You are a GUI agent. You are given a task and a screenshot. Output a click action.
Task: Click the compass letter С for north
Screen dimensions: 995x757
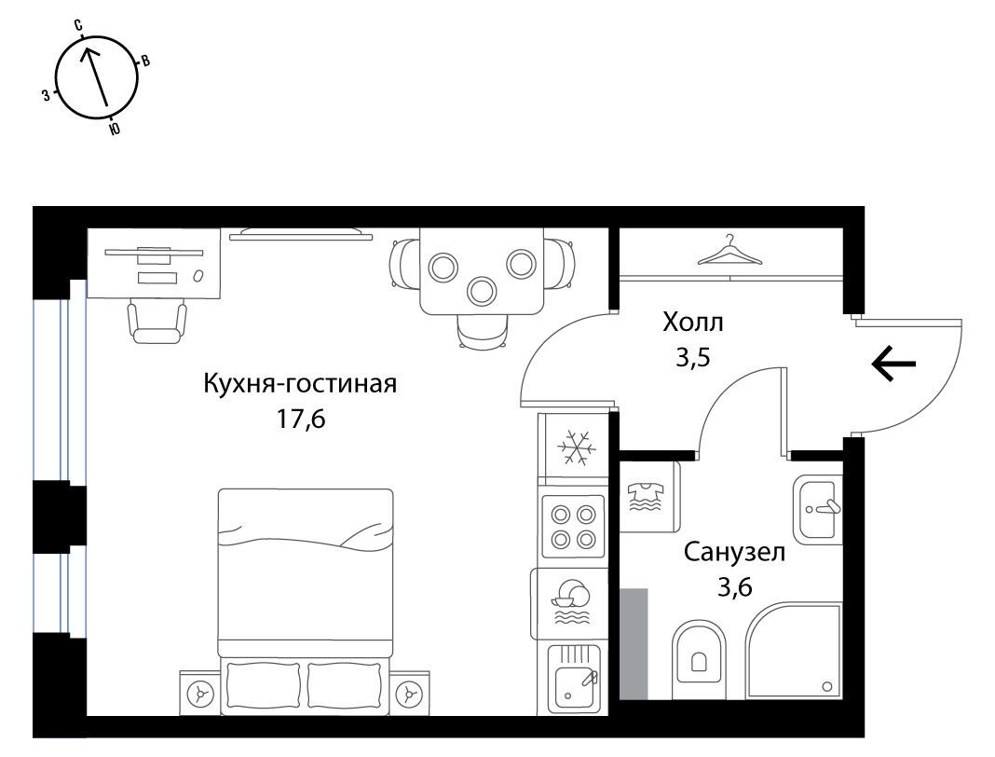pos(78,25)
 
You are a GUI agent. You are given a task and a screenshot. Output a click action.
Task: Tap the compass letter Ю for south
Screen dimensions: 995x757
pos(115,129)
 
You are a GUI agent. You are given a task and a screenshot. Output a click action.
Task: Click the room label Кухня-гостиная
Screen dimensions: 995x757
pos(300,383)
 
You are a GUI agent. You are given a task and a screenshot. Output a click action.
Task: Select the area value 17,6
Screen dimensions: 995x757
pos(300,419)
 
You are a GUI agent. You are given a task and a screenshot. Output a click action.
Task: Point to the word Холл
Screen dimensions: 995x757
pos(693,323)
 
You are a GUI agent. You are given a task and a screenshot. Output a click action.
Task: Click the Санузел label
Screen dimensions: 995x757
pos(734,552)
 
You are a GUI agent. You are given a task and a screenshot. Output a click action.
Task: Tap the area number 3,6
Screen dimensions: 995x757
pos(735,586)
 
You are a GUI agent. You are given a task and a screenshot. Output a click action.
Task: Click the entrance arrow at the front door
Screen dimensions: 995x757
pos(893,364)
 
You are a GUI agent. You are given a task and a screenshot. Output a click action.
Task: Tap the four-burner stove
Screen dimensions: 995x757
pos(572,527)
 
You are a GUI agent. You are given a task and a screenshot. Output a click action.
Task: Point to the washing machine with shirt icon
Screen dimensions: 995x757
pos(647,497)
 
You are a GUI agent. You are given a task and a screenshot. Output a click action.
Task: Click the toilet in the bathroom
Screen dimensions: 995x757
pos(699,651)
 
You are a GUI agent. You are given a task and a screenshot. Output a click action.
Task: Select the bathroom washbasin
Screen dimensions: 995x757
pos(818,509)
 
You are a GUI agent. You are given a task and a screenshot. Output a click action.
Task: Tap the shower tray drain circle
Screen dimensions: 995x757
pos(827,686)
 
